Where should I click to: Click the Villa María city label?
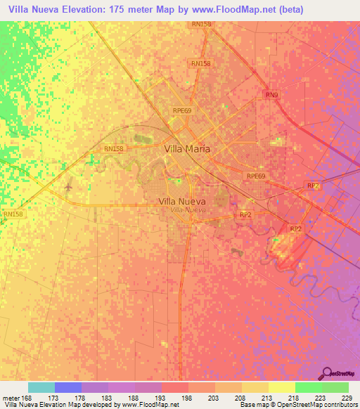(187, 149)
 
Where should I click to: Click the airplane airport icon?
(67, 188)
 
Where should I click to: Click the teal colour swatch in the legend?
(41, 387)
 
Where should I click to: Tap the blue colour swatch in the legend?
(68, 387)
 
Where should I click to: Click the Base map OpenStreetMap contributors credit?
(297, 405)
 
